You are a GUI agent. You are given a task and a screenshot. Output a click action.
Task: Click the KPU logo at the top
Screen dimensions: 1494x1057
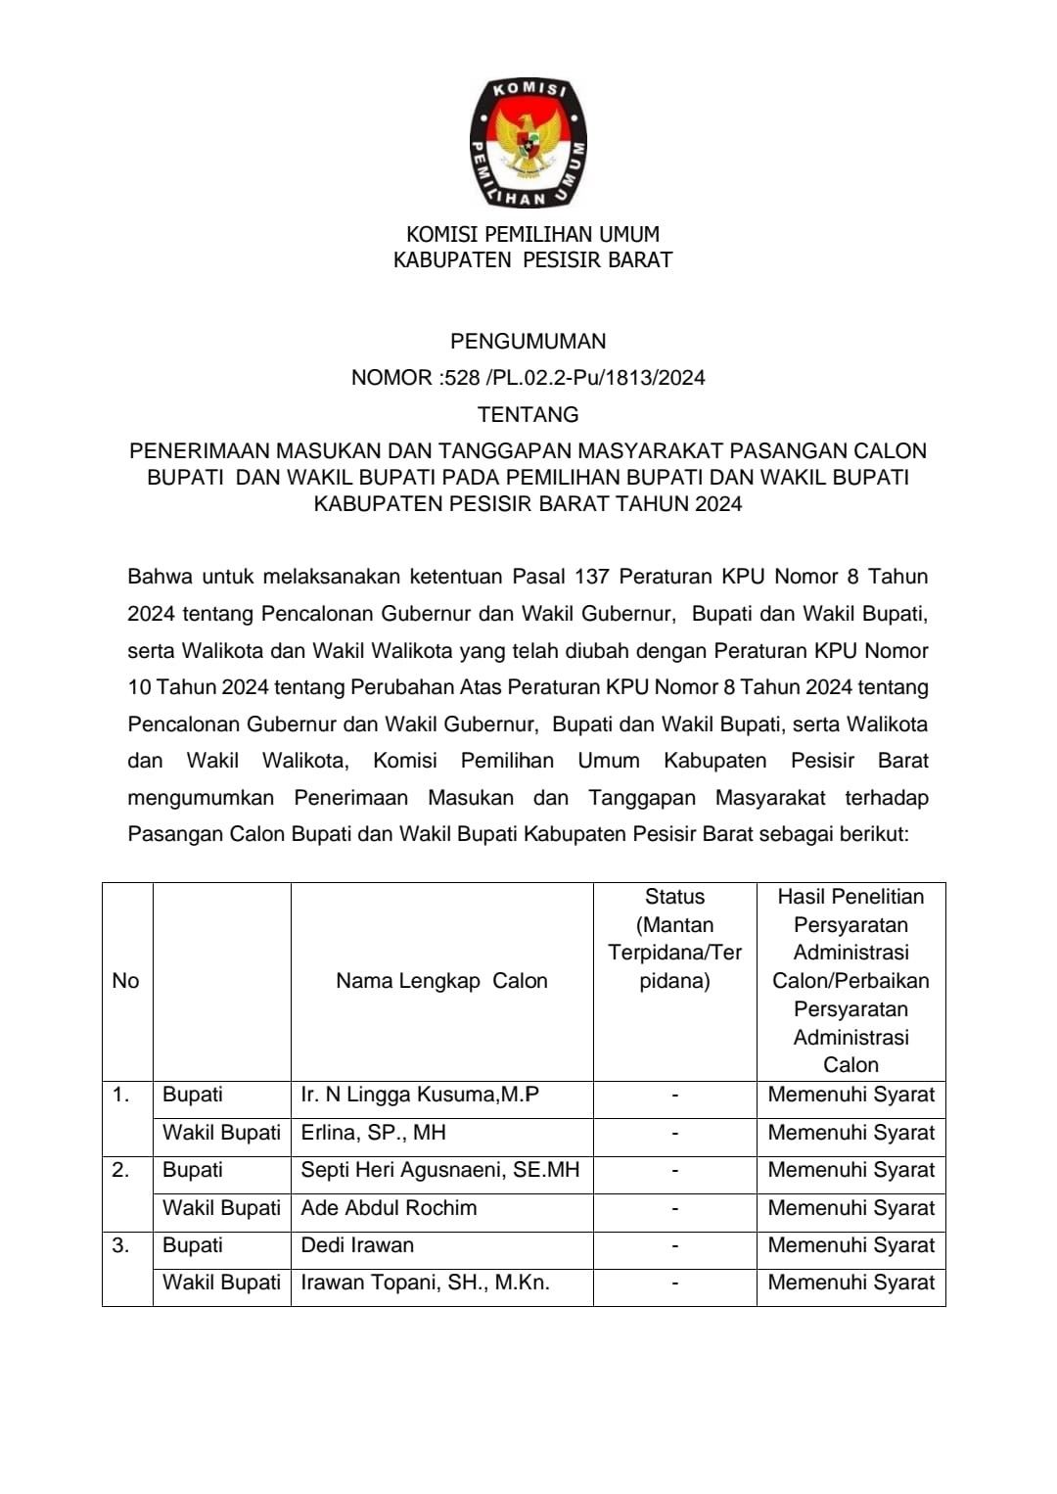[528, 144]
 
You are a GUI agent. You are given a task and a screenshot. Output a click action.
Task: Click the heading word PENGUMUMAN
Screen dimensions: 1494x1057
[528, 342]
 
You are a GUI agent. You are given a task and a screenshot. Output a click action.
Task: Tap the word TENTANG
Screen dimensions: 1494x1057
[528, 415]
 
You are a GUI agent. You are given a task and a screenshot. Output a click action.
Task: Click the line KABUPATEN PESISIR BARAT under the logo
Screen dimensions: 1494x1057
[532, 260]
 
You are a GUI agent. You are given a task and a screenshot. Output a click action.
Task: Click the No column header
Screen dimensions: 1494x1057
[125, 981]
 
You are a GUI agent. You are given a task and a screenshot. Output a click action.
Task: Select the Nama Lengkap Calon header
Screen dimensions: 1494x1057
[441, 981]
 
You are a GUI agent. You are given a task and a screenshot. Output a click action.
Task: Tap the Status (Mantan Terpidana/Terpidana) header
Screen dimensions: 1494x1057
[674, 939]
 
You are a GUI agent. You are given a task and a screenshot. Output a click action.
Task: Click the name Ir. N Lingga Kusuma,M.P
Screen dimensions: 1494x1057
[420, 1095]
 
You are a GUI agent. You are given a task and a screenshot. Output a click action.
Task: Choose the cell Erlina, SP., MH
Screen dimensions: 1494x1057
[373, 1133]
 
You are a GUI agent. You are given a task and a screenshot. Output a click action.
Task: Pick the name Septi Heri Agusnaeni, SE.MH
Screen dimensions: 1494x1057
[439, 1170]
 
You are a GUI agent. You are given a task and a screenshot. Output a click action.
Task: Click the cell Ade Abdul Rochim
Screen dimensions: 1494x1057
[389, 1208]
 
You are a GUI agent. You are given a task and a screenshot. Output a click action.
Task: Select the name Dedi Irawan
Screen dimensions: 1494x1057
[357, 1245]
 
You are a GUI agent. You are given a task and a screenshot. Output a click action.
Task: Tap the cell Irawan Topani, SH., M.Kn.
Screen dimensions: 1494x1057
[425, 1283]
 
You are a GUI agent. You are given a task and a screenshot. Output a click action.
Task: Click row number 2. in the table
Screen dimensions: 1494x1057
[120, 1170]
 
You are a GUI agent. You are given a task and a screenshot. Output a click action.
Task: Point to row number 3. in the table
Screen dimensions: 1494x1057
[120, 1245]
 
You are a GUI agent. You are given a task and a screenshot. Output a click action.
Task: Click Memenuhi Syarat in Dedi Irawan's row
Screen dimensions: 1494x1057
[850, 1245]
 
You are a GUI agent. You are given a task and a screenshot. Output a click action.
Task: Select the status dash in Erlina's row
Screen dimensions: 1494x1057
[674, 1133]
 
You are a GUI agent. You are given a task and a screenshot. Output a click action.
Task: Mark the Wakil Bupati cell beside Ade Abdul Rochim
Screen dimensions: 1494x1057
[221, 1208]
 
